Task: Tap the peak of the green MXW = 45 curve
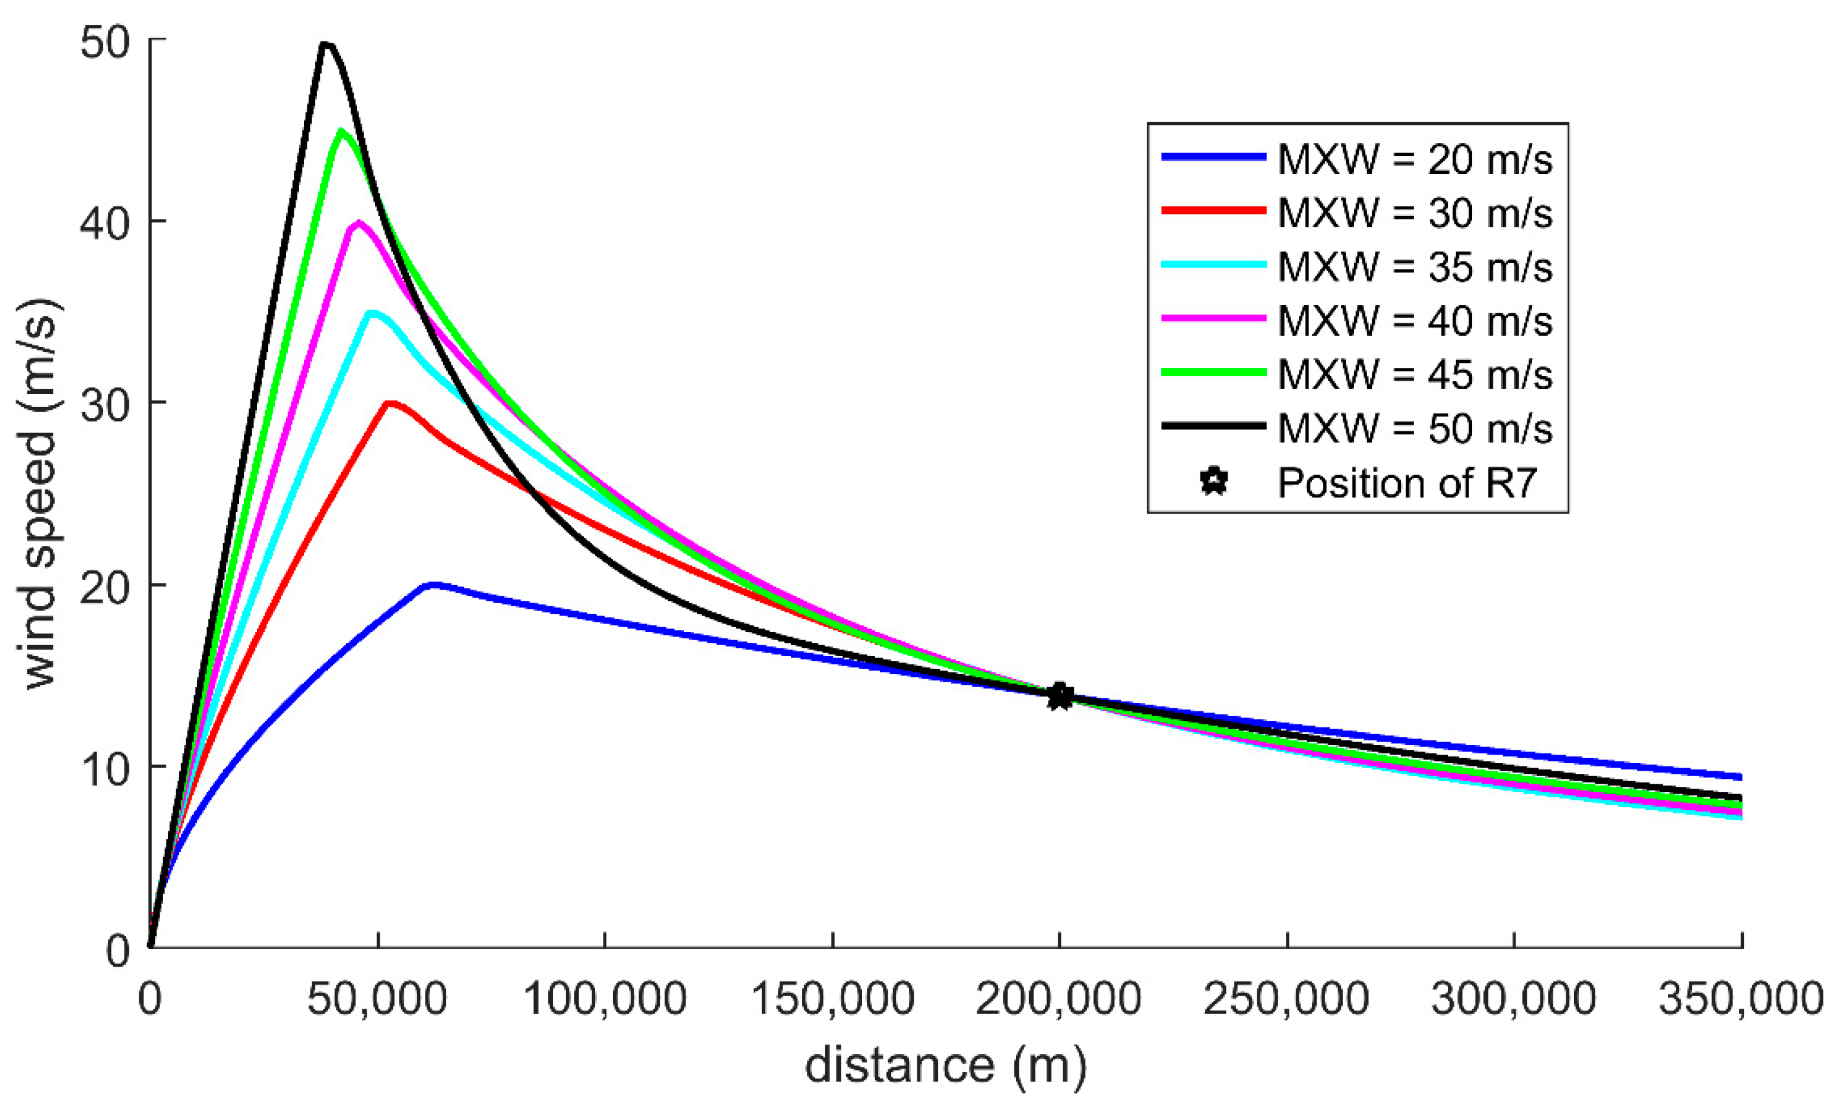click(x=342, y=131)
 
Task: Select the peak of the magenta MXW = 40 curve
click(x=358, y=222)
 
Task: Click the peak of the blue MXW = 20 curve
click(x=431, y=584)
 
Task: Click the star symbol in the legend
click(x=1214, y=482)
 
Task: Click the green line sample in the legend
click(x=1213, y=373)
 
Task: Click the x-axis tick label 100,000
click(x=605, y=999)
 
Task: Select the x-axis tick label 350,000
click(x=1742, y=999)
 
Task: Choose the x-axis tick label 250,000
click(x=1286, y=999)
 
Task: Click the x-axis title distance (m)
click(x=945, y=1066)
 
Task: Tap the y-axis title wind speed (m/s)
click(x=40, y=494)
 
